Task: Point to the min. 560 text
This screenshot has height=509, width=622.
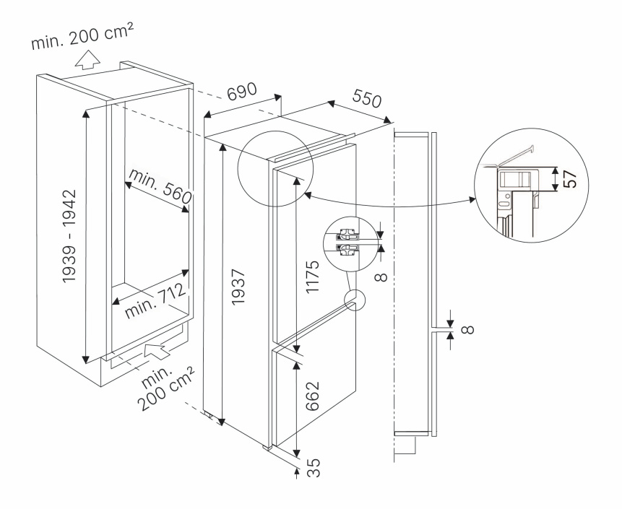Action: [160, 184]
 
